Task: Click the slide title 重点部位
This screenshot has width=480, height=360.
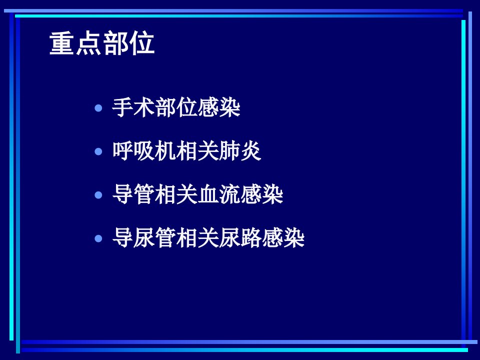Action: pos(102,43)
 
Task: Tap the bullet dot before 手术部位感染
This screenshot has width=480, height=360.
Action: pos(98,108)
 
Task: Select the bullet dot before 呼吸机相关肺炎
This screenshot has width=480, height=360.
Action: pos(98,151)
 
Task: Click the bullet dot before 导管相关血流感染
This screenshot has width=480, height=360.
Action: pos(98,195)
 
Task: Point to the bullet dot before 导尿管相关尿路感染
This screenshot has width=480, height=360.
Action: pos(98,238)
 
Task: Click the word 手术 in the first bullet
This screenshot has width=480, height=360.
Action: pos(133,108)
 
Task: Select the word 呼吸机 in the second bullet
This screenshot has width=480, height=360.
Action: pos(144,151)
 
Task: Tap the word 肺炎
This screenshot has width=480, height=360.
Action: pos(239,151)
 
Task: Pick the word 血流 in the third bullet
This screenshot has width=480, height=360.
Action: pos(218,195)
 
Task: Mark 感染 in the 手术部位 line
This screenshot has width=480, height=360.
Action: pos(218,108)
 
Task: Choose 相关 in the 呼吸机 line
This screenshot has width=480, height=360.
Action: pos(197,151)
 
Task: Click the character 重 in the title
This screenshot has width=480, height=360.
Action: pos(62,43)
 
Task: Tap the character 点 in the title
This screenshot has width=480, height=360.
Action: pos(89,43)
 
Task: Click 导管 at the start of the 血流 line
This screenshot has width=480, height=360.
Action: pos(133,195)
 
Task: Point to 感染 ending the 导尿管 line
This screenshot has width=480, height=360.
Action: pos(282,238)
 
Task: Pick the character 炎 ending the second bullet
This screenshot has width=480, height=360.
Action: pos(250,151)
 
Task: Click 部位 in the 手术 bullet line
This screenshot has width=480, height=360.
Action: pos(176,108)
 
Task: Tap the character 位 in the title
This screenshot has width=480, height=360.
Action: pos(141,43)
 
